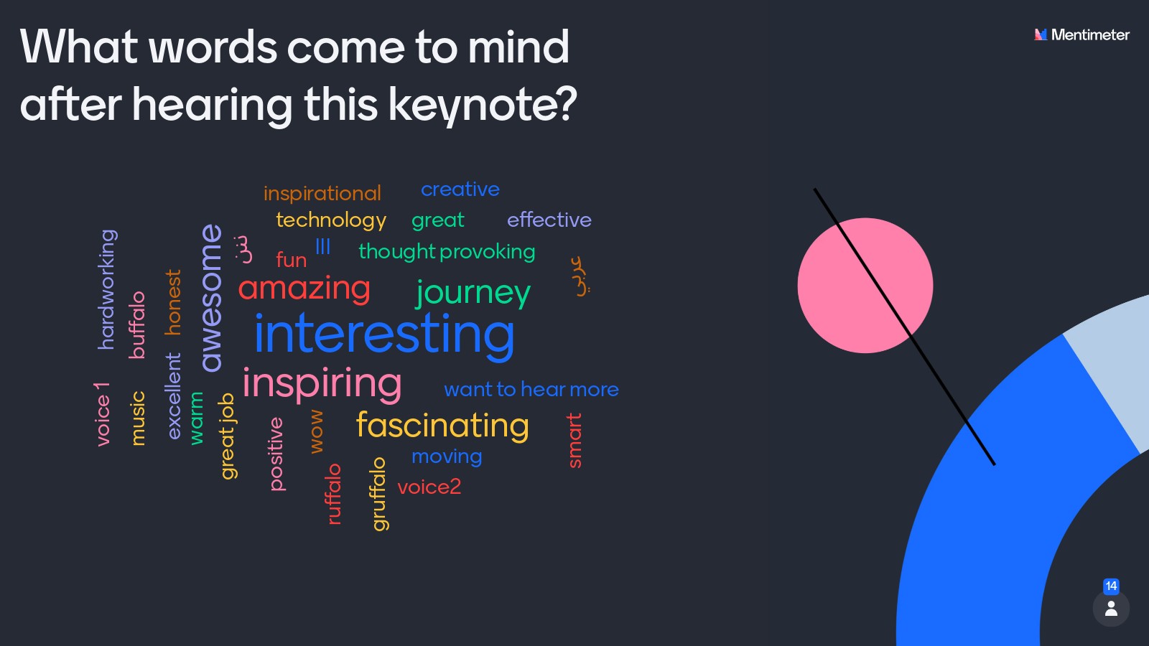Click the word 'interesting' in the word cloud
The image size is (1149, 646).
point(384,334)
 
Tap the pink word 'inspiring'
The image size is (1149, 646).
point(322,385)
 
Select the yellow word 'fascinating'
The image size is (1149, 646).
point(442,426)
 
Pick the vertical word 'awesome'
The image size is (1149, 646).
point(212,298)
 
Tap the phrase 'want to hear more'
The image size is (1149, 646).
point(531,390)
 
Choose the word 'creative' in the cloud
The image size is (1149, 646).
point(460,189)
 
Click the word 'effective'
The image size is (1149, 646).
point(549,220)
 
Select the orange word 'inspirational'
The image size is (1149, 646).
point(322,194)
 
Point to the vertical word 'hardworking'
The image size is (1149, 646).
point(107,290)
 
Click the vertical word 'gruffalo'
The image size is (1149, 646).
point(378,494)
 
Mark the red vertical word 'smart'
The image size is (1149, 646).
point(575,441)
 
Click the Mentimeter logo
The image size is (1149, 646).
point(1081,35)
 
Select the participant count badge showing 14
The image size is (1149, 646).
point(1111,586)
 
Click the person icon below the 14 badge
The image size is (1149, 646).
point(1111,609)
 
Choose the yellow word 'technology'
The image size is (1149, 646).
point(331,220)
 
